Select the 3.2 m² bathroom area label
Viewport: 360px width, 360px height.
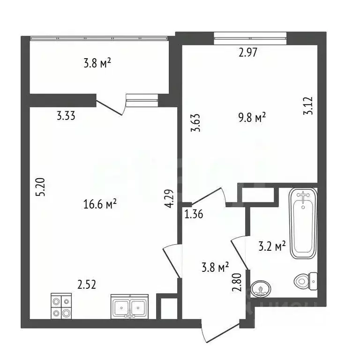point(272,246)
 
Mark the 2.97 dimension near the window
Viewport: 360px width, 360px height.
point(248,52)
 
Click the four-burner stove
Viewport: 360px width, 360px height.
point(61,307)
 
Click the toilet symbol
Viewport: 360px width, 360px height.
point(305,282)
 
